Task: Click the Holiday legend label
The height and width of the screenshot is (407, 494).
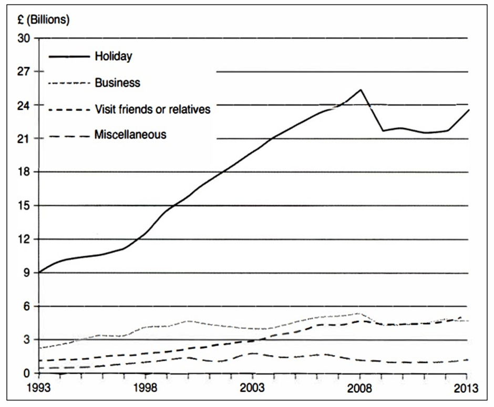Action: (x=114, y=57)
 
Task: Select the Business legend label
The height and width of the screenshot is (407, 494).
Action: (x=118, y=83)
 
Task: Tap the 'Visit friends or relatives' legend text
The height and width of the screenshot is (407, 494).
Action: (x=153, y=109)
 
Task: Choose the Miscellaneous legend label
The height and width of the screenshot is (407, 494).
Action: (x=130, y=135)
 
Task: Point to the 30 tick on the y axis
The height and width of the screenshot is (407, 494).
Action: (x=24, y=38)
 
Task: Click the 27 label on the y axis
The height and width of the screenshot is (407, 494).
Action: (x=24, y=72)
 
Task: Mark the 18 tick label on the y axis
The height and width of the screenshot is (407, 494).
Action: (x=24, y=172)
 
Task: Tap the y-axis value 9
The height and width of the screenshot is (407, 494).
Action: (x=26, y=273)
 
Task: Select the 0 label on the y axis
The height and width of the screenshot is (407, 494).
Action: (x=27, y=373)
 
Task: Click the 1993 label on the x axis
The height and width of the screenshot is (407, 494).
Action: (x=38, y=388)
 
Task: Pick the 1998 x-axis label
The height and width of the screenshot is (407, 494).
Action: (x=145, y=388)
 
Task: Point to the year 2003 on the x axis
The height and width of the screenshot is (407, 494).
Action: (x=252, y=388)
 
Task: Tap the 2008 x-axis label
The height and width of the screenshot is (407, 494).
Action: (x=359, y=388)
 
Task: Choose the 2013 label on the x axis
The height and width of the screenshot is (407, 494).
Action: (x=466, y=388)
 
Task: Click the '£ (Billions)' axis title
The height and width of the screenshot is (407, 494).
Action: (x=44, y=20)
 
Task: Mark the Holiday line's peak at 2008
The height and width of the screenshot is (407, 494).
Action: (x=361, y=90)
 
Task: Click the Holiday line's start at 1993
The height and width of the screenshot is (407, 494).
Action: (x=39, y=272)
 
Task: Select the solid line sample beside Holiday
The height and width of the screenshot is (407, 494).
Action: (x=69, y=57)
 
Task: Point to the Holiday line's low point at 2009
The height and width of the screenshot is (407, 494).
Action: (x=383, y=131)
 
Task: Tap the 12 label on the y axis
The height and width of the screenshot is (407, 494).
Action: (x=24, y=239)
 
